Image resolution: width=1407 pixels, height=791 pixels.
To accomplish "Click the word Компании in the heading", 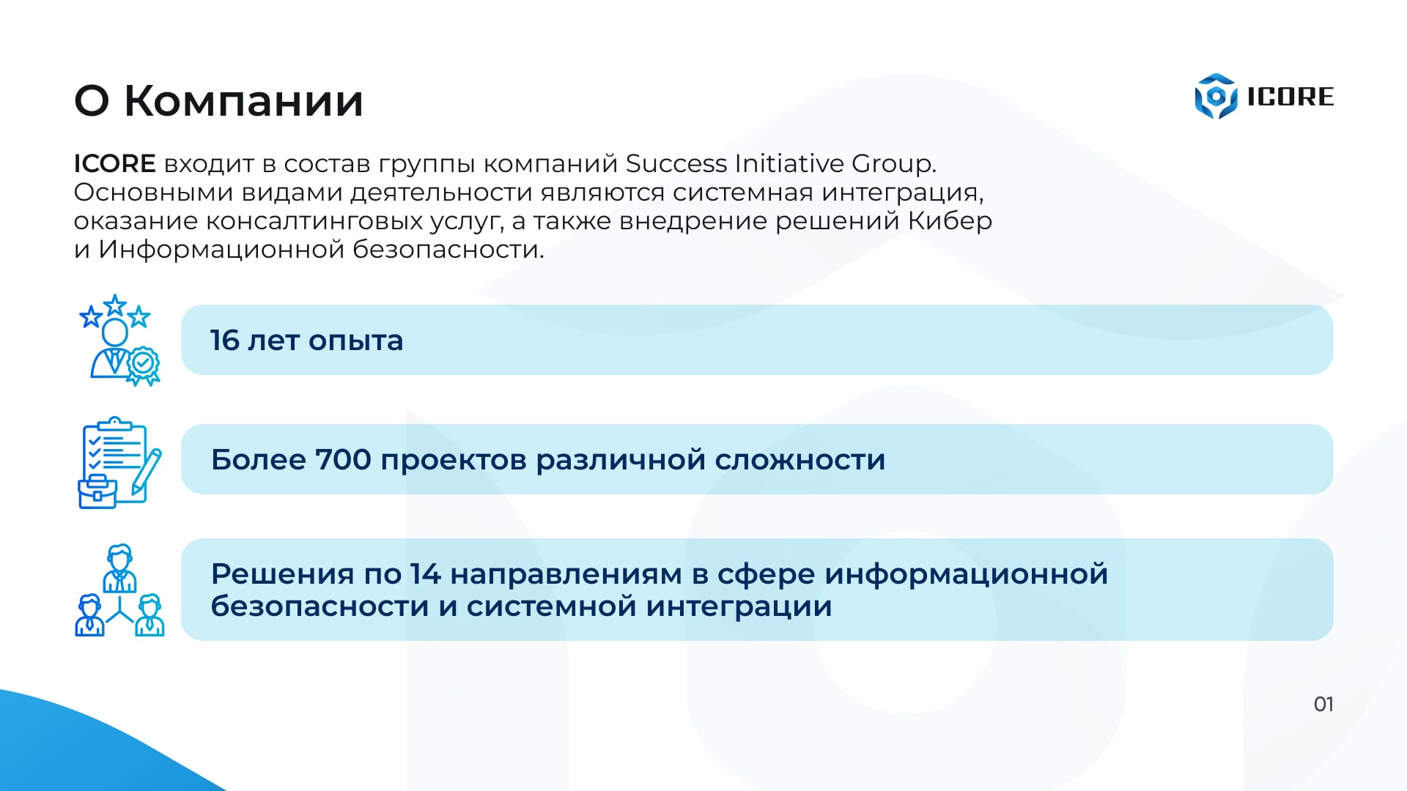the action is [244, 100].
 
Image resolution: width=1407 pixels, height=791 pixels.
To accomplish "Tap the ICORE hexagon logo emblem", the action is [1216, 96].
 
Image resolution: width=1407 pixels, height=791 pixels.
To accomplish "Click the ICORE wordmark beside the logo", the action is [1290, 97].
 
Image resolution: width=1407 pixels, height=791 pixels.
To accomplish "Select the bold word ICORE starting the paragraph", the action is [114, 163].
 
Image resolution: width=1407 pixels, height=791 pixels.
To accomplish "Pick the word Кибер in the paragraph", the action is [950, 220].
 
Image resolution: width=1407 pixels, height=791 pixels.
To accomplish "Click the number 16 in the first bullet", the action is [225, 341].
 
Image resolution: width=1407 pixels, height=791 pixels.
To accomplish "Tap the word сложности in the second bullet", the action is [800, 461].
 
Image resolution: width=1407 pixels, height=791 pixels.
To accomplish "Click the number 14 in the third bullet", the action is [426, 574].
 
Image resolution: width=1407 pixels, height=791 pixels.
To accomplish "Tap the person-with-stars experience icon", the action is [119, 341].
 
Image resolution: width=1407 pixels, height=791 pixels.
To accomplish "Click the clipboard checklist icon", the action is [119, 462].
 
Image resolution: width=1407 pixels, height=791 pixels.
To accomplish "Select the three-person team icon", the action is [119, 590].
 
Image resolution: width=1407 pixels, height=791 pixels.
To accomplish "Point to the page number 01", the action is [1323, 705].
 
